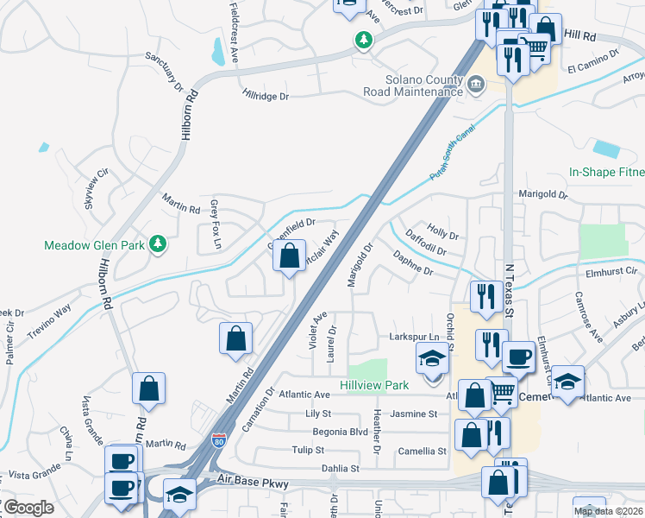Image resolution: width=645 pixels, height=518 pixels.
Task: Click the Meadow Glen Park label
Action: tap(94, 245)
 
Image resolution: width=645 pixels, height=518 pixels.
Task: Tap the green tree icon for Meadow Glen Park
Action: tap(157, 244)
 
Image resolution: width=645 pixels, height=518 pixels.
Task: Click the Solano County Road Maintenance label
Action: tap(426, 85)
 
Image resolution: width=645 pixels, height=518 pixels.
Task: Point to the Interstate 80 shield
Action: tap(221, 440)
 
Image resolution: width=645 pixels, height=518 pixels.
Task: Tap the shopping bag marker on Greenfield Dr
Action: tap(290, 256)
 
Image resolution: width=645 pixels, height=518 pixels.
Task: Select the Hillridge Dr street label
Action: tap(266, 96)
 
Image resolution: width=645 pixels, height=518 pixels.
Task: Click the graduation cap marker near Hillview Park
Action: tap(433, 359)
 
